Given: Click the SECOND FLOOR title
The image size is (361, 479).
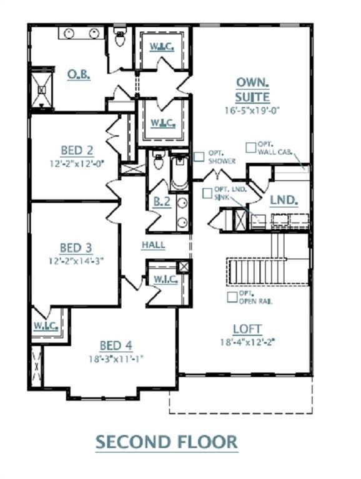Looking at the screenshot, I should pos(166,442).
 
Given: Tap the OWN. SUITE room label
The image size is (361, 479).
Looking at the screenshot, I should pos(252,90).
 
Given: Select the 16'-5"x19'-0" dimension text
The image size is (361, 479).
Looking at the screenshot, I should pos(252,110).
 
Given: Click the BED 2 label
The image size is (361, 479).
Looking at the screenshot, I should pos(77,150).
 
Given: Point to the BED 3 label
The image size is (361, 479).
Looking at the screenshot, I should pos(76,248).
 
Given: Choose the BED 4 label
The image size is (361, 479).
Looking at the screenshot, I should pos(116,346).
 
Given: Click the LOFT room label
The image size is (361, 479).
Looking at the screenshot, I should pos(247,329).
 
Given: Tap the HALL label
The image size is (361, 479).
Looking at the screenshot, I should pos(153,245).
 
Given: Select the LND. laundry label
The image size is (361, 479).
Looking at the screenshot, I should pos(283,201).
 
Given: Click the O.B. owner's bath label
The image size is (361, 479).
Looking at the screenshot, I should pos(79,74).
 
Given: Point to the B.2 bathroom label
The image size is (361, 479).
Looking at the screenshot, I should pos(162,201).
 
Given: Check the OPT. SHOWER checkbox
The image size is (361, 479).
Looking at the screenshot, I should pos(199,157).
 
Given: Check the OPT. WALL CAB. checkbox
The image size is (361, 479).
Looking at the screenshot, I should pos(250,147).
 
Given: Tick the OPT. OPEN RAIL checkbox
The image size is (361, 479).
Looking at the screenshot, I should pos(232,297).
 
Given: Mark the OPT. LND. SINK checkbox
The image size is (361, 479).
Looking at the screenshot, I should pos(207,193).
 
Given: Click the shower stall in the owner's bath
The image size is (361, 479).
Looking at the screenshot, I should pos(42,90).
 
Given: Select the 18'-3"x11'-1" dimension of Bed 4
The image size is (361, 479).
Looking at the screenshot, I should pos(116,359).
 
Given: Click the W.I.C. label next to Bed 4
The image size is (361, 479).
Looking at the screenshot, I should pos(46,326).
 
